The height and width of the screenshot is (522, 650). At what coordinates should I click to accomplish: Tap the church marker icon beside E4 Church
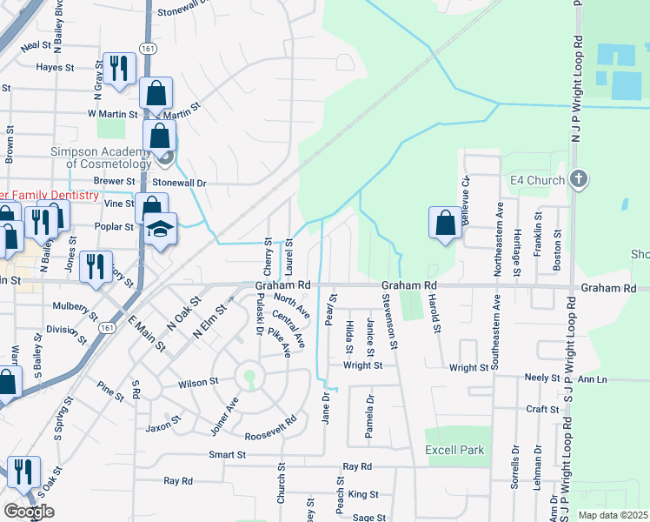pos(579,180)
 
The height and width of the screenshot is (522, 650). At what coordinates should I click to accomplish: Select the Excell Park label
pos(454,450)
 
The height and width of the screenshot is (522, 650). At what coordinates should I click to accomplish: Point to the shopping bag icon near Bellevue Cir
pos(445,223)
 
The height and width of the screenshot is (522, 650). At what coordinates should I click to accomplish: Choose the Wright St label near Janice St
pos(362,365)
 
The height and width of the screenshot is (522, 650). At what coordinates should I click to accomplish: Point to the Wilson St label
pos(198,383)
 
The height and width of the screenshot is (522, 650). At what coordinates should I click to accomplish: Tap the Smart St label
pos(228,455)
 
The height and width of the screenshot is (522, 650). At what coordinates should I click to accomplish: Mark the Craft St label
pos(541,409)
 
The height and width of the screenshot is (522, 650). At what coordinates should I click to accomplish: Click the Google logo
pos(29,511)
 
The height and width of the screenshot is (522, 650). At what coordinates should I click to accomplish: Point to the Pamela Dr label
pos(370,416)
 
